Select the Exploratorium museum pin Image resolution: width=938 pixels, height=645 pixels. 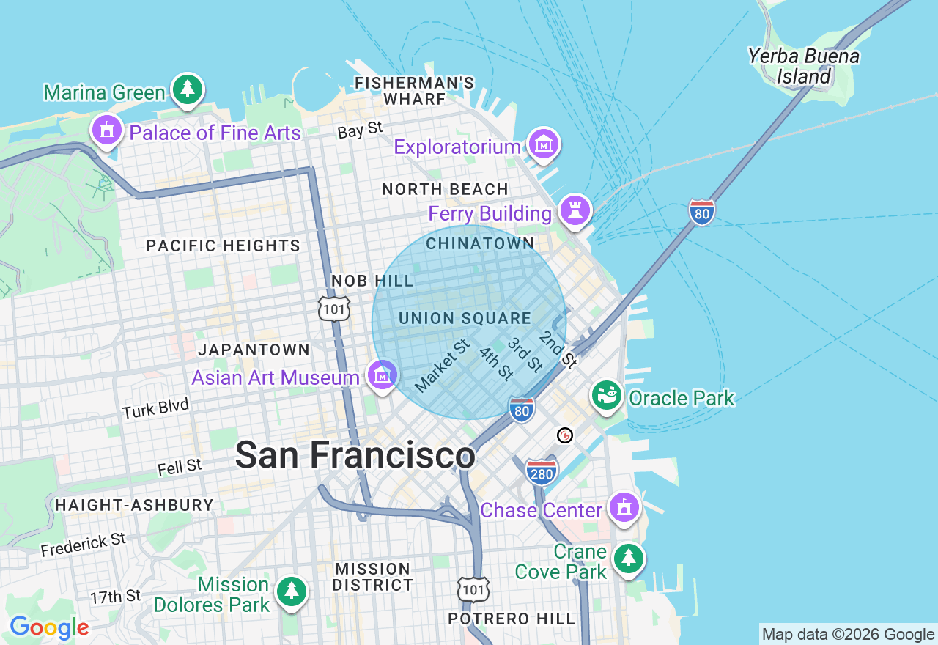coord(543,145)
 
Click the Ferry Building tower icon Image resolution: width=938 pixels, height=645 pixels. coord(575,210)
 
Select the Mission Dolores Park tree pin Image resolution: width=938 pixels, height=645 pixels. coord(292,591)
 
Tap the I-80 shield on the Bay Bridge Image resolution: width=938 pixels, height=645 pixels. coord(701,213)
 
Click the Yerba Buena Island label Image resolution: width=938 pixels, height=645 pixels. coord(803,66)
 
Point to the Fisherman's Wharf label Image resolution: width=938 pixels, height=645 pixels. coord(414,91)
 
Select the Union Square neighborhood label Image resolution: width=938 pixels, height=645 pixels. coord(465,318)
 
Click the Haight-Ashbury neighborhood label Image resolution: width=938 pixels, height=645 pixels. coord(134,505)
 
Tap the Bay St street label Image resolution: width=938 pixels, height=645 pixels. coord(360,130)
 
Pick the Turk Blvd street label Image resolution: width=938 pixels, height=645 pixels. coord(155,408)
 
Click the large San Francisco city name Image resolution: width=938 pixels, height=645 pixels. coord(355,455)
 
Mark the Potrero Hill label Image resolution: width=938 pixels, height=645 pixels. coord(512,619)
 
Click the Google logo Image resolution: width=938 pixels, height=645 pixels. coord(49,628)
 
